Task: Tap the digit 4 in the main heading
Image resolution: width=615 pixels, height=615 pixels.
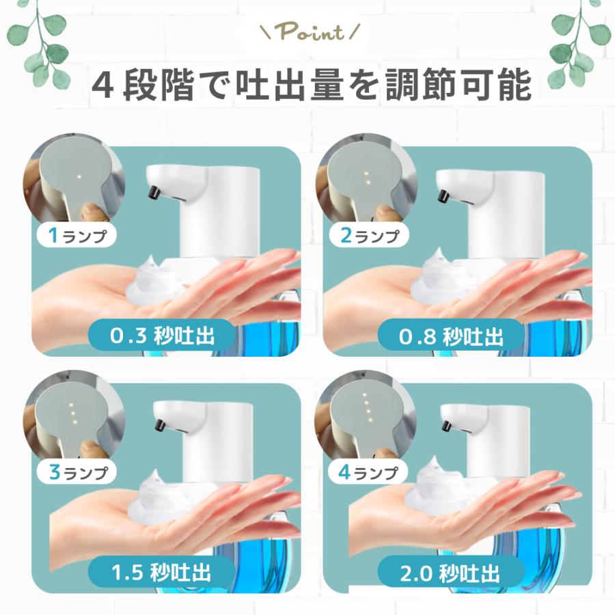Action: [x=103, y=84]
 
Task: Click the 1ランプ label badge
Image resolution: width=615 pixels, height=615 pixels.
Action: [x=77, y=235]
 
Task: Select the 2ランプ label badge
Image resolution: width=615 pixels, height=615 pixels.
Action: [x=369, y=235]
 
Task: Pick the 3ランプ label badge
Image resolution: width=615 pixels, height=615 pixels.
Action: [x=77, y=471]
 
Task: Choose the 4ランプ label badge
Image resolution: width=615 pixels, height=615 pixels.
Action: [x=368, y=471]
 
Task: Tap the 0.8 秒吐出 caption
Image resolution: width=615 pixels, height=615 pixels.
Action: [x=451, y=336]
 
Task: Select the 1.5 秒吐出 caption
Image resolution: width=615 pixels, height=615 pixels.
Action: [x=161, y=572]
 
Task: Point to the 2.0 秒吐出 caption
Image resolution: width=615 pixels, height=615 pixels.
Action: [x=451, y=573]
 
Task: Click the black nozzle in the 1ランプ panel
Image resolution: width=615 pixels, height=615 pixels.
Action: [x=154, y=191]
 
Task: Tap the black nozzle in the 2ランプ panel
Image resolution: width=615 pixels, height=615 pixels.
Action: [x=443, y=195]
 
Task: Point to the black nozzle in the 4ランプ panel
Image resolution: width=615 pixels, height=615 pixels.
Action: [x=446, y=426]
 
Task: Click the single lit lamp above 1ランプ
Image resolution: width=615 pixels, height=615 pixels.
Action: [x=79, y=176]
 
